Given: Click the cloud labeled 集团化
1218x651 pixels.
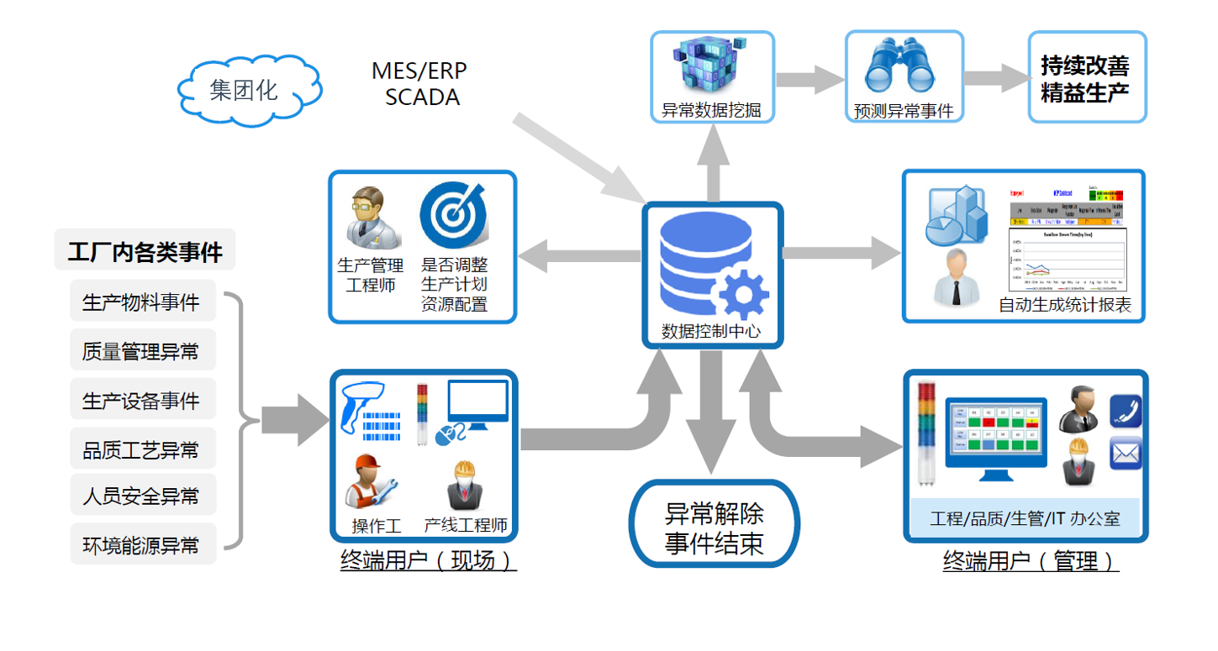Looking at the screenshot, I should point(250,89).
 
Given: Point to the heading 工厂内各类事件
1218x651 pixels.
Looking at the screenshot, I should point(145,251).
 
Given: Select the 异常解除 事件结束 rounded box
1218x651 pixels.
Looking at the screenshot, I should point(714,527).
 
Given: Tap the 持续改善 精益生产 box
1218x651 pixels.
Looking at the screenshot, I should point(1085,78).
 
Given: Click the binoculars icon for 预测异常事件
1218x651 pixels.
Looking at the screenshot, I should point(903,66).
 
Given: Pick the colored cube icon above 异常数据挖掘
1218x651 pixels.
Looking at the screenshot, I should point(711,66).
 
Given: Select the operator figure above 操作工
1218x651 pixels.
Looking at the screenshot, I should point(371,484).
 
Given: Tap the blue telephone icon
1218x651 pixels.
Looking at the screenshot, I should point(1126,412).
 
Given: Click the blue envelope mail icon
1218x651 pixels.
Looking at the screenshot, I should point(1126,454).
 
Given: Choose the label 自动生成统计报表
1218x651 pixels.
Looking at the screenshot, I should point(1064,306).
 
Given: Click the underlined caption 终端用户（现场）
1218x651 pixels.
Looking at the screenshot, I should point(428,560).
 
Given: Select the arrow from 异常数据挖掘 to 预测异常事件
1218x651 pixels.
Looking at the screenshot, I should point(809,79).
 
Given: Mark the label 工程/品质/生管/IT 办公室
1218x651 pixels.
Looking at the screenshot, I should point(1025,518).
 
